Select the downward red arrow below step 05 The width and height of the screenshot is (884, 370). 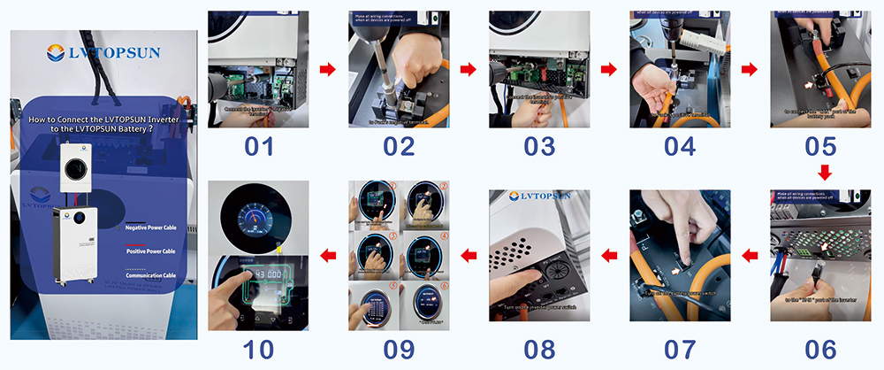(x=823, y=171)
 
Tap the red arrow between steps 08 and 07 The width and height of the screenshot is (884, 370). (x=610, y=257)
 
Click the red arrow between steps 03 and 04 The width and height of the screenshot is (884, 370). (x=610, y=69)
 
